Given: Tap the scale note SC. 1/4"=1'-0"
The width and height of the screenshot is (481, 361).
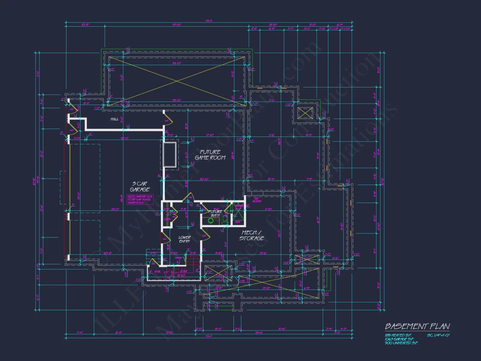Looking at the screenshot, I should pos(438,336).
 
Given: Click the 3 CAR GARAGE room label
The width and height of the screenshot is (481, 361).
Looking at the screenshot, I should pos(139,186).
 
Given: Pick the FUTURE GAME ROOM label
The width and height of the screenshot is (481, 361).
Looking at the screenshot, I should pos(210,155).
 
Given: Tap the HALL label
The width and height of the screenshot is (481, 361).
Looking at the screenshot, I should pos(115,119).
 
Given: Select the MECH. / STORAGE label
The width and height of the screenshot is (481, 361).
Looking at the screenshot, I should pos(251,235).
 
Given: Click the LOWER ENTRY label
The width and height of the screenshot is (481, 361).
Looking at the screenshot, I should pos(184,239).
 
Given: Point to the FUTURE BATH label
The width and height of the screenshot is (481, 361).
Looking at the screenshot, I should pos(215,214).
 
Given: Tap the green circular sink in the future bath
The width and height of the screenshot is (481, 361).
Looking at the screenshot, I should pos(211,221).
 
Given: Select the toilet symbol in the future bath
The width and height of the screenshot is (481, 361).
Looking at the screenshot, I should pos(224,218).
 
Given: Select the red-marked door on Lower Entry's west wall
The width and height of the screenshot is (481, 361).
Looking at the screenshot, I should pos(164,238).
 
